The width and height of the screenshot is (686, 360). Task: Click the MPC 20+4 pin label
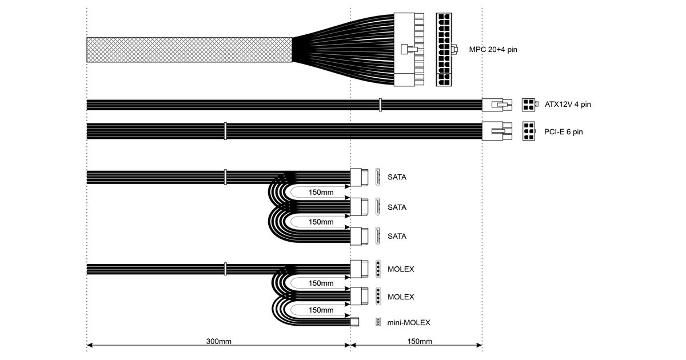coord(493,49)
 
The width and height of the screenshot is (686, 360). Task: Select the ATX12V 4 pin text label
coord(568,105)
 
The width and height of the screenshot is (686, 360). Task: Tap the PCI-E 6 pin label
coord(563,132)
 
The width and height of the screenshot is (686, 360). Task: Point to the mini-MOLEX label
coord(409,322)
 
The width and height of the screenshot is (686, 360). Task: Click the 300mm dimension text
coord(218,341)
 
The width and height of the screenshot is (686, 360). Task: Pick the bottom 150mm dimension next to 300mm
coord(420,341)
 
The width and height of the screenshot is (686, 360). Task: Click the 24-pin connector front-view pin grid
coord(444,50)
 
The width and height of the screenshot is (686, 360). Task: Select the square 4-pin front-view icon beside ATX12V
coord(529,105)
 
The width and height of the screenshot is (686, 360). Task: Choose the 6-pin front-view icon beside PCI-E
coord(529,131)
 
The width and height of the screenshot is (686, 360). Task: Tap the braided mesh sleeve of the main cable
coord(189,50)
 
